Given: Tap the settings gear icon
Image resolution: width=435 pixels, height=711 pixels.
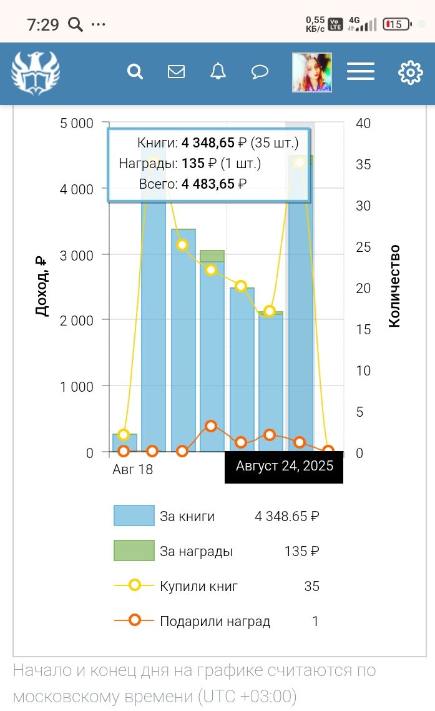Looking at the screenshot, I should [410, 72].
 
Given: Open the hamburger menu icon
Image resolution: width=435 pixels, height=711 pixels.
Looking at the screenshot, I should [361, 72].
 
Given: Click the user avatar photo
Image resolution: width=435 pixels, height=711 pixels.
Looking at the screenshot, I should [312, 72].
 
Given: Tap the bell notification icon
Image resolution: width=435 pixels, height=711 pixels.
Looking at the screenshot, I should [218, 72].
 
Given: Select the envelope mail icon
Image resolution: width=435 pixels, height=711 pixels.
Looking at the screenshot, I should [177, 72].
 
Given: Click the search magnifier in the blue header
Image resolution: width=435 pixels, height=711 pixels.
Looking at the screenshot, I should [135, 72].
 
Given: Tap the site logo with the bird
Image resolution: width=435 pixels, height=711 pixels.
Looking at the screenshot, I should [36, 73].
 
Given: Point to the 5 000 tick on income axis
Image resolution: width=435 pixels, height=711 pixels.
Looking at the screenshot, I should [77, 123].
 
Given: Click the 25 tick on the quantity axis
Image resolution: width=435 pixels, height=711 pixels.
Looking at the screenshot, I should [363, 247].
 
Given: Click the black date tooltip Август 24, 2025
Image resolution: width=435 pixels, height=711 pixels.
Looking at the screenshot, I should [284, 466].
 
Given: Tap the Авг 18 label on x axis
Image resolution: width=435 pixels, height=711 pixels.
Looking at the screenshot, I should [132, 469].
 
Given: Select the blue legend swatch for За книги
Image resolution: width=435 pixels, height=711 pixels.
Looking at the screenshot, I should [134, 515].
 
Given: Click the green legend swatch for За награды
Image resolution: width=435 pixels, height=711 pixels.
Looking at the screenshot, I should [134, 550].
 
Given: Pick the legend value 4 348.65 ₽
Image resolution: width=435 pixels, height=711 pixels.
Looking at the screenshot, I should [287, 516].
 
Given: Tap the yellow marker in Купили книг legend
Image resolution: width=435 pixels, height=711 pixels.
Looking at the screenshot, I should [134, 585].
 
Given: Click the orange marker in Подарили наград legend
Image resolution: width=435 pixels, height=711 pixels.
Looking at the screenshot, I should [134, 620].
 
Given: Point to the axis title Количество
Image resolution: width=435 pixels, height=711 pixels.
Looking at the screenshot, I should [394, 286].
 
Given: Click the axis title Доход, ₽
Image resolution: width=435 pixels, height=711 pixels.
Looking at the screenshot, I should [41, 286].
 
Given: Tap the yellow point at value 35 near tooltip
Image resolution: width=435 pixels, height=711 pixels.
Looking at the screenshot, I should [300, 162].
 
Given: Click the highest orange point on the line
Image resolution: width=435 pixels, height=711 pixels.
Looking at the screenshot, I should [211, 426].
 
